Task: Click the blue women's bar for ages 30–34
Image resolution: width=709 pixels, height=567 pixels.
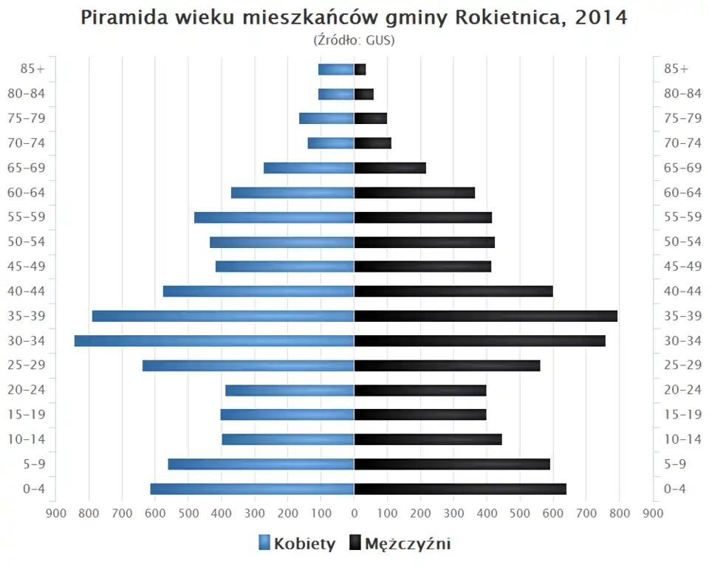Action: pos(214,341)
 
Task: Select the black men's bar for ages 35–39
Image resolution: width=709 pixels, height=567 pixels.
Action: pos(485,316)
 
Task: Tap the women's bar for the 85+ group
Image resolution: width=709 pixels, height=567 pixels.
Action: pos(336,69)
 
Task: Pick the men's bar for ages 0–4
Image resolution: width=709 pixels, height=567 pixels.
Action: pos(460,489)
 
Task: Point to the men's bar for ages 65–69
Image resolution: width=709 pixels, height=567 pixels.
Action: pos(390,168)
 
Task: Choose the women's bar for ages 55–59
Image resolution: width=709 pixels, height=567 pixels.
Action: pos(274,217)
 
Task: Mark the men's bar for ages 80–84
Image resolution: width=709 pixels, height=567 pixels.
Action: pos(364,94)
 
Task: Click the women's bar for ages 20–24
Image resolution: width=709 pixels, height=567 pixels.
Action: pos(290,390)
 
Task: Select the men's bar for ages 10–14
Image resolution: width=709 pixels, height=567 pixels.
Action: pos(428,439)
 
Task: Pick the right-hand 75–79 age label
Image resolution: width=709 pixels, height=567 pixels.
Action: pos(682,118)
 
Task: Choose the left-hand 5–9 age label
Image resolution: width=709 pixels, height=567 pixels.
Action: pos(34,464)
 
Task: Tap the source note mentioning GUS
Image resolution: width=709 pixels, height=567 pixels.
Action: pos(354,40)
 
